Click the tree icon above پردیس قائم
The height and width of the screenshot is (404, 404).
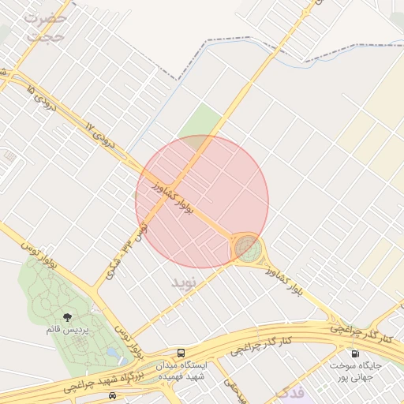tap(65, 316)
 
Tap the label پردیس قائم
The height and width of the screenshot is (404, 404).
tap(65, 329)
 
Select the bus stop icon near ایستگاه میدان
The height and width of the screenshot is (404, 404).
tap(182, 353)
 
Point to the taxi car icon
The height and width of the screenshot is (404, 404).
tap(113, 395)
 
